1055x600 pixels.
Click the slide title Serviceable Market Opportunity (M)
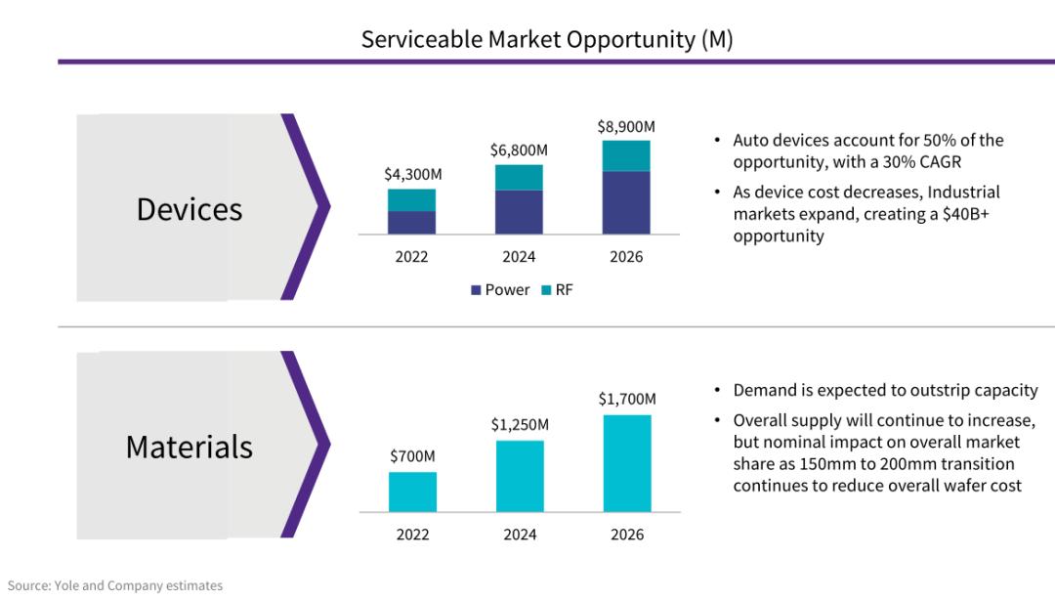pos(547,39)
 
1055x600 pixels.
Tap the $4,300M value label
pos(412,174)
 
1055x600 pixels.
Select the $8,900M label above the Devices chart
pos(626,127)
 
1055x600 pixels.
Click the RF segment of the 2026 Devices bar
pos(626,155)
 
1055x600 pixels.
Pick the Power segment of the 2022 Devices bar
pos(412,222)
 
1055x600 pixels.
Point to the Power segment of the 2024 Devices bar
pos(519,212)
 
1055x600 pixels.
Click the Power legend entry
pos(500,290)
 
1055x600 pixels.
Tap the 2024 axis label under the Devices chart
pos(520,258)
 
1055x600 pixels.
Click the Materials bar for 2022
pos(412,492)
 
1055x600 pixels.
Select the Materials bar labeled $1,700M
pos(626,463)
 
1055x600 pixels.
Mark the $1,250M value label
pos(520,425)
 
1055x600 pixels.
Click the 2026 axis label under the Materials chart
pos(627,535)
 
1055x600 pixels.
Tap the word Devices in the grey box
pos(190,209)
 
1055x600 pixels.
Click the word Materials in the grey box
pos(190,447)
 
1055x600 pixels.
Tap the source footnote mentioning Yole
pos(115,585)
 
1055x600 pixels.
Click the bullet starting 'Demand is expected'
pos(885,391)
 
